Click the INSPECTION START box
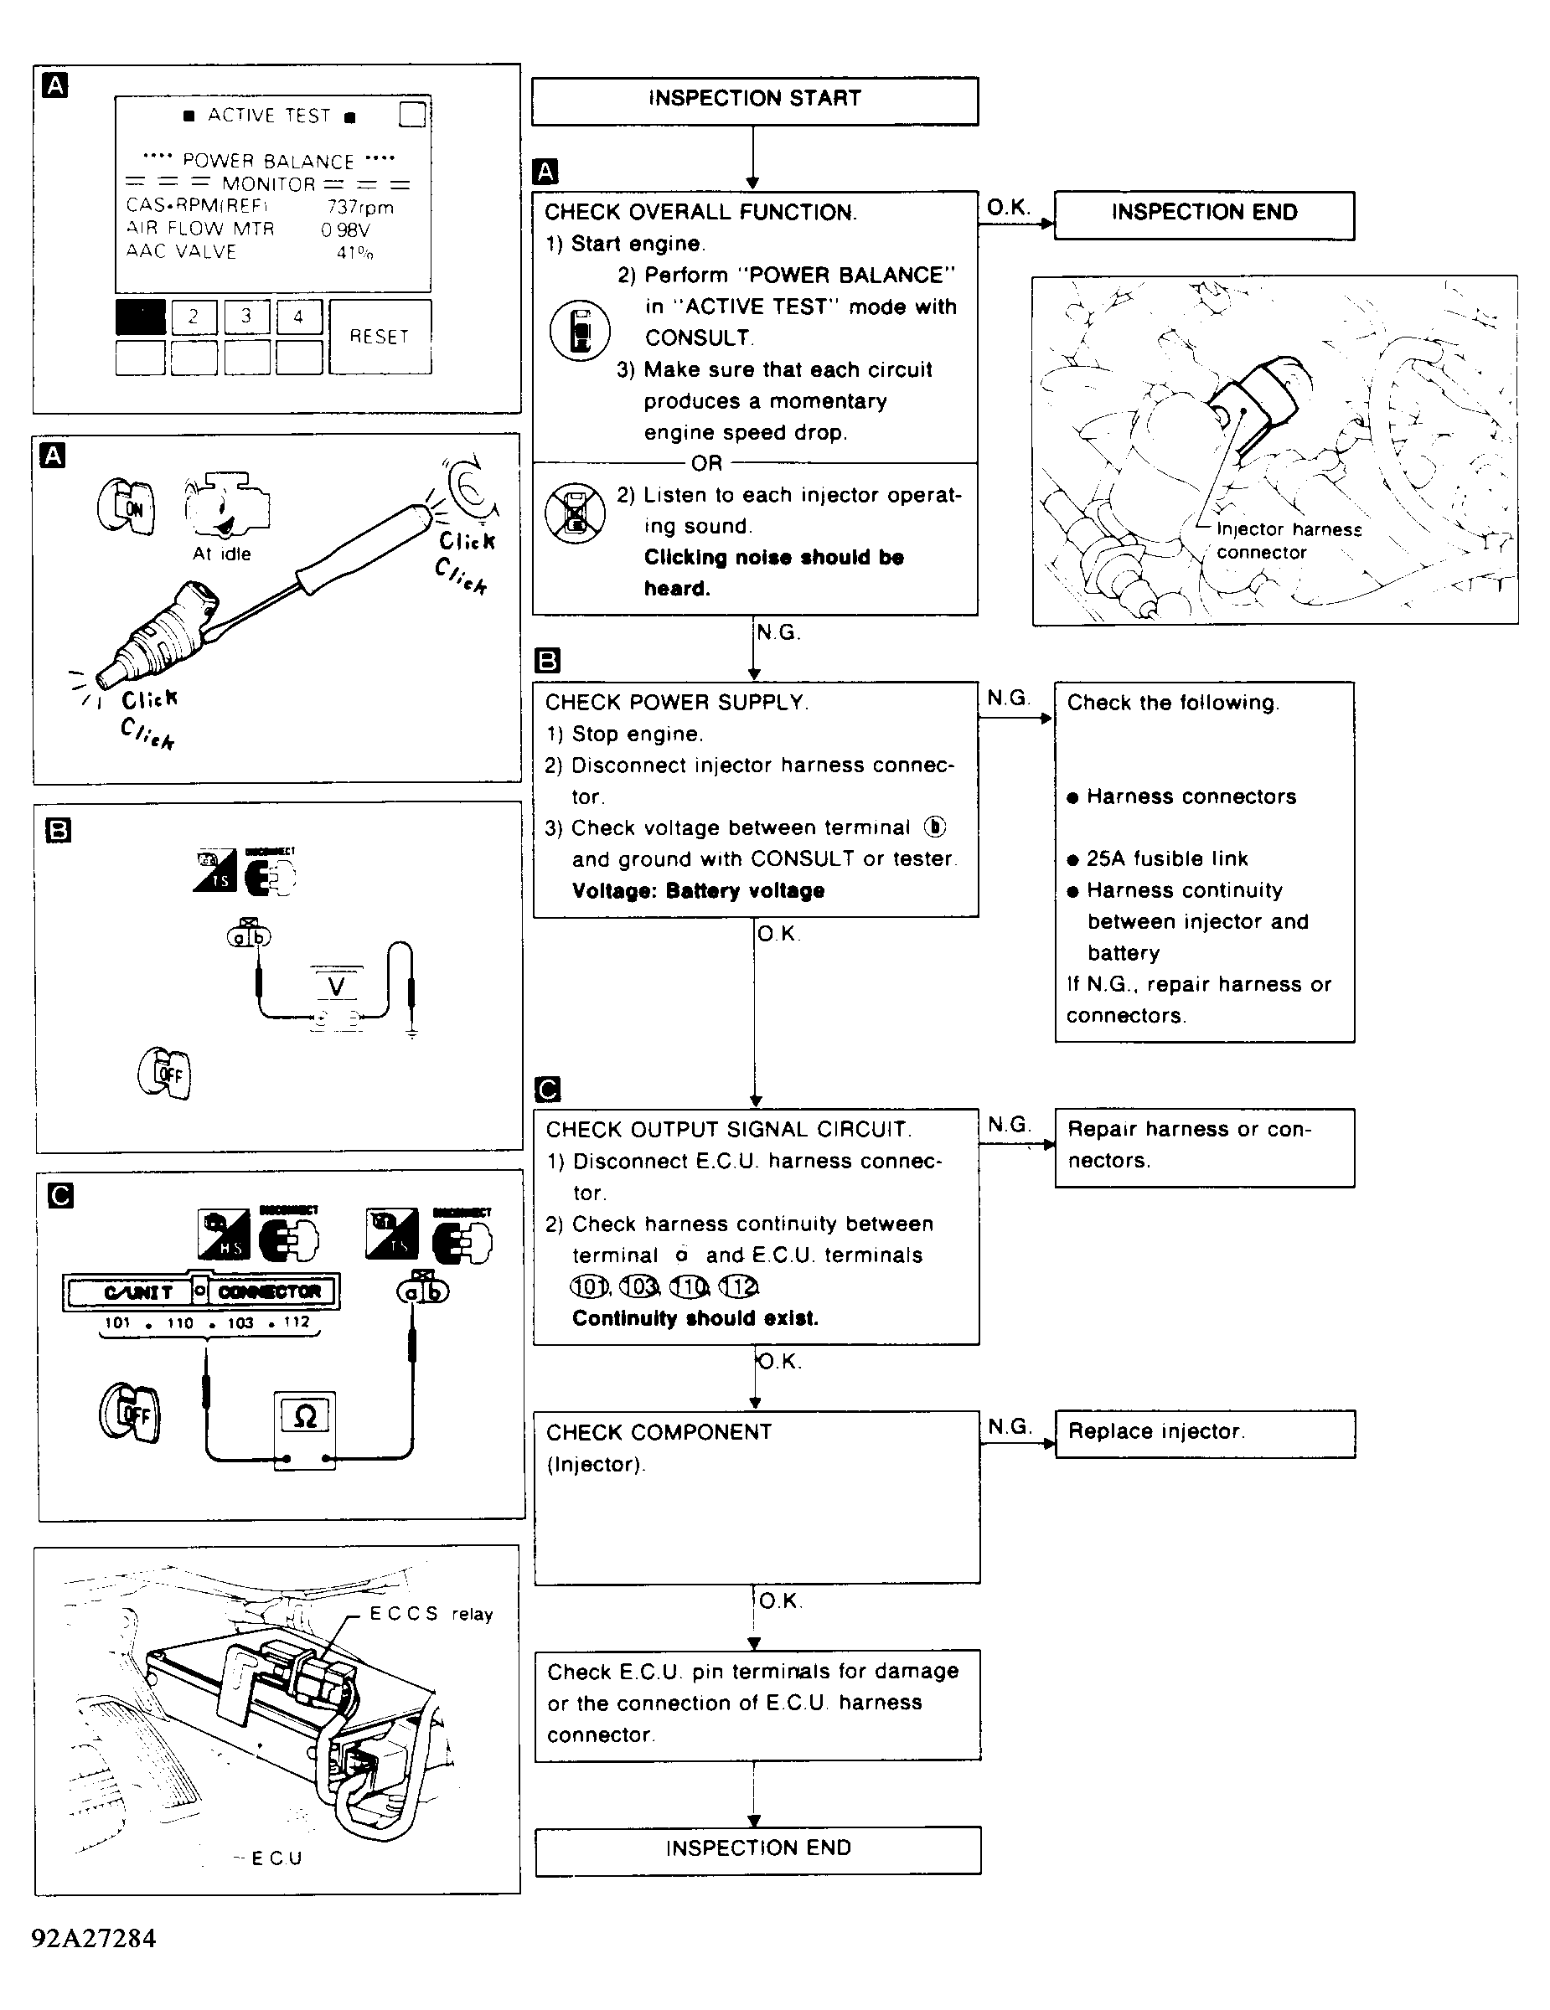pyautogui.click(x=754, y=100)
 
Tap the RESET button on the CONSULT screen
pyautogui.click(x=380, y=337)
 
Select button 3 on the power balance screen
pyautogui.click(x=245, y=317)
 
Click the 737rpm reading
pyautogui.click(x=360, y=207)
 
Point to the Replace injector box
pyautogui.click(x=1204, y=1433)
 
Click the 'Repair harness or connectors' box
pyautogui.click(x=1204, y=1146)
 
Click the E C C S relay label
pyautogui.click(x=431, y=1614)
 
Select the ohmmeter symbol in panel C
pyautogui.click(x=305, y=1418)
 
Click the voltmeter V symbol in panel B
pyautogui.click(x=336, y=987)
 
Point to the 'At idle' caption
pyautogui.click(x=221, y=554)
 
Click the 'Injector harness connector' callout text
pyautogui.click(x=1286, y=541)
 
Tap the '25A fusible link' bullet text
pyautogui.click(x=1166, y=858)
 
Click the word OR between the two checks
pyautogui.click(x=707, y=463)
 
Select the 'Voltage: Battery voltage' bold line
pyautogui.click(x=698, y=891)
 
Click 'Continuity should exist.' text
pyautogui.click(x=695, y=1318)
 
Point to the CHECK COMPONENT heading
pyautogui.click(x=658, y=1432)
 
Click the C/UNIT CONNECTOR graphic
pyautogui.click(x=200, y=1291)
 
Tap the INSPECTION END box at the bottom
pyautogui.click(x=757, y=1849)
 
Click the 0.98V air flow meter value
pyautogui.click(x=345, y=230)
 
